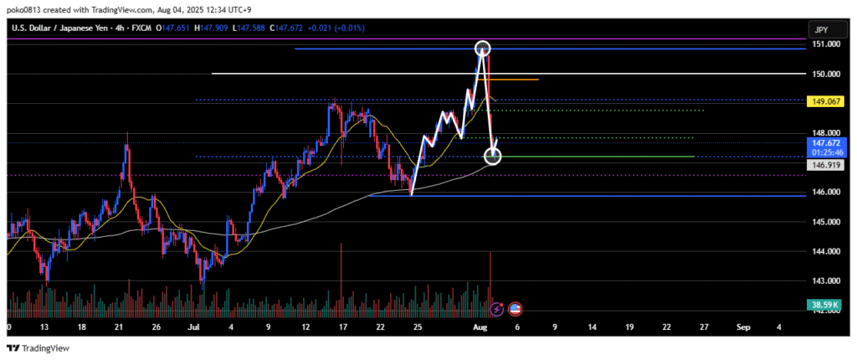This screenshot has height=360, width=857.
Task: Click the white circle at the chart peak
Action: point(482,48)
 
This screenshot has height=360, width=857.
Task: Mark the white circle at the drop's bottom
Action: point(493,157)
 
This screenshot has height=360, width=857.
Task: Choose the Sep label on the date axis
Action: point(742,327)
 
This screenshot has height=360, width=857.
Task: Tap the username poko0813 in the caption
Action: point(25,9)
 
